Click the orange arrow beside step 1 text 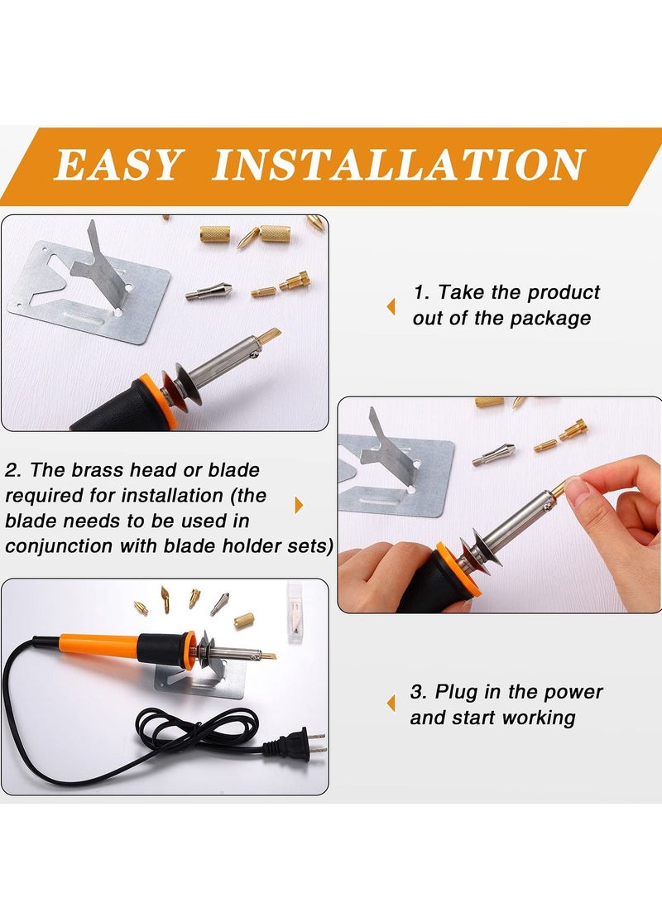pyautogui.click(x=391, y=306)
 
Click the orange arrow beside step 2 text pyautogui.click(x=299, y=505)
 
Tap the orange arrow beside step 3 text pyautogui.click(x=391, y=704)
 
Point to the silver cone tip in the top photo pyautogui.click(x=208, y=291)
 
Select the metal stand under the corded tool pyautogui.click(x=203, y=675)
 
